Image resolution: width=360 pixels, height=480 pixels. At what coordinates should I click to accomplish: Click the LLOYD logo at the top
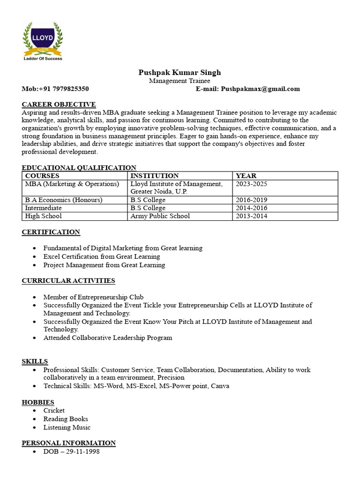coord(43,41)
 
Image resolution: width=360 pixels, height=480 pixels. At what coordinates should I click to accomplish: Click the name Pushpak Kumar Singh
coord(180,72)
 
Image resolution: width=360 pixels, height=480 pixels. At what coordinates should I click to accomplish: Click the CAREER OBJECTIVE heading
coord(59,104)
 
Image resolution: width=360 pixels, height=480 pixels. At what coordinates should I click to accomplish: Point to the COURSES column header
coord(42,176)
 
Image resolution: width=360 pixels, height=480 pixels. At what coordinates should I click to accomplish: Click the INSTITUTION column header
coord(154,176)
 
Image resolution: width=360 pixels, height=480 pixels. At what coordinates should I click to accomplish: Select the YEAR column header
coord(246,176)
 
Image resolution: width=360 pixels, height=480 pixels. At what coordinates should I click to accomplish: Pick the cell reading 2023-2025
coord(251,184)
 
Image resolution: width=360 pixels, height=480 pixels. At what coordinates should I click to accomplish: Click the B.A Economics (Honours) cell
coord(64,200)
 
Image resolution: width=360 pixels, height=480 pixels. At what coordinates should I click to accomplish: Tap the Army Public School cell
coord(160,216)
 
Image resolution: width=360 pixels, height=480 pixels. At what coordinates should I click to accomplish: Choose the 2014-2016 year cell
coord(251,208)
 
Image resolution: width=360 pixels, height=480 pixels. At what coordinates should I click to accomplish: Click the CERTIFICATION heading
coord(51,232)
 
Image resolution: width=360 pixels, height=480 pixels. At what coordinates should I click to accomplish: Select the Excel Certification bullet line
coord(102,256)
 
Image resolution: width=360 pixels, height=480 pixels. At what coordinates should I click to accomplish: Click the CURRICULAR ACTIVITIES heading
coord(68,281)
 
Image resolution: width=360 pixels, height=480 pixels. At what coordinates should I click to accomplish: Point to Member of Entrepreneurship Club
coord(93,297)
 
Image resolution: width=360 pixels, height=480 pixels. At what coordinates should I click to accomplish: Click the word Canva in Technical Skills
coord(220,386)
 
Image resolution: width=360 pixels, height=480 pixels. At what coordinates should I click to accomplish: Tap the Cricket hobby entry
coord(54,410)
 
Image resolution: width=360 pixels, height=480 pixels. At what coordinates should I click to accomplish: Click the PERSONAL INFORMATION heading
coord(68,443)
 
